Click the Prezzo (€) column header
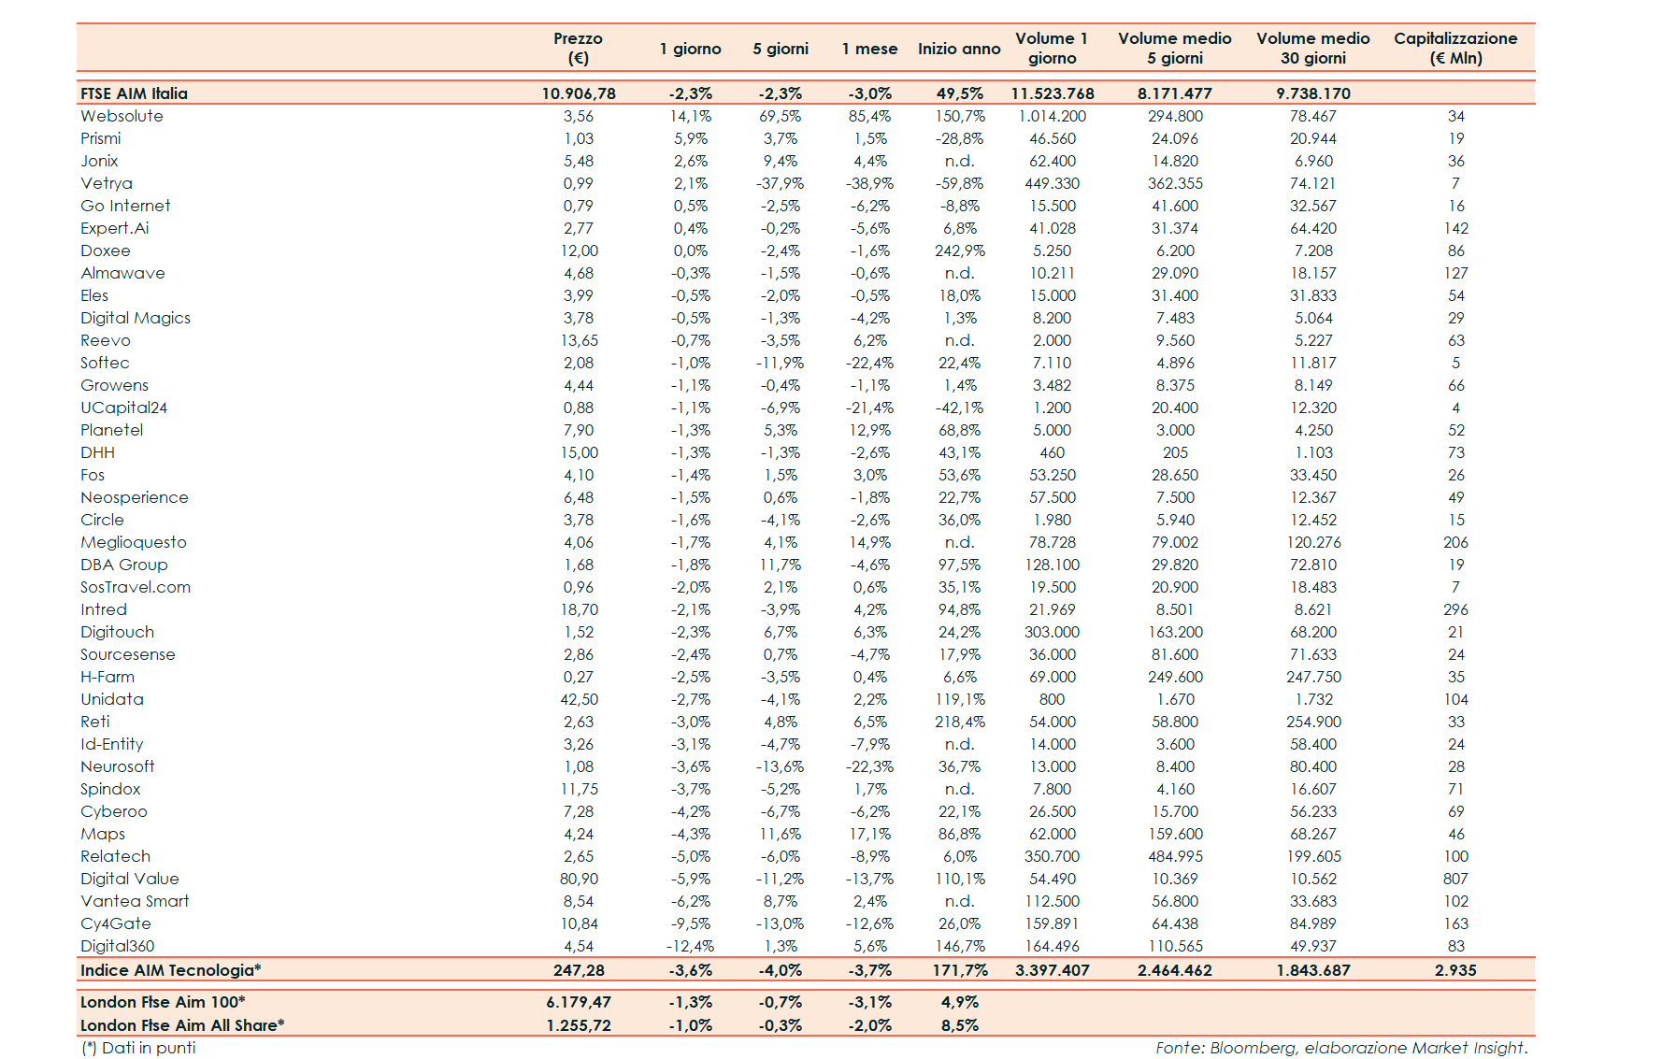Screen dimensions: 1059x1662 (x=578, y=48)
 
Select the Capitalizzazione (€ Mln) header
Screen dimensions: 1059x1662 (x=1455, y=48)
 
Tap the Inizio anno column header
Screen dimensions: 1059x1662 (x=959, y=49)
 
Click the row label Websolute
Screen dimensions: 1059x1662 (x=122, y=116)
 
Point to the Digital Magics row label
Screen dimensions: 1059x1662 (x=136, y=318)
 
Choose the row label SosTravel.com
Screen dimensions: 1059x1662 (x=136, y=587)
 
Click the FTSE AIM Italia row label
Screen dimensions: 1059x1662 (x=134, y=93)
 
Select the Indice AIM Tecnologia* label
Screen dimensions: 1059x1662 (x=170, y=970)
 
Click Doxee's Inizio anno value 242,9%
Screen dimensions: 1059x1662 (x=959, y=250)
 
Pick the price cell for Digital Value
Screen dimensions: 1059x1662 (x=579, y=879)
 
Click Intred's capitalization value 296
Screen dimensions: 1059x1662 (x=1455, y=609)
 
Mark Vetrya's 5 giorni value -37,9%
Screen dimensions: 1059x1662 (x=780, y=183)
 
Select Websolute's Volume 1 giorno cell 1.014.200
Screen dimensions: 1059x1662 (x=1053, y=116)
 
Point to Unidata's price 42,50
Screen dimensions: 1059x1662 (x=579, y=699)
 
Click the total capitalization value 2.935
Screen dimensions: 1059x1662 (x=1455, y=970)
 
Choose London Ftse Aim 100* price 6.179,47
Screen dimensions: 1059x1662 (x=579, y=1002)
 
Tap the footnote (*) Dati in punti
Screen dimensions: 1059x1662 (x=138, y=1048)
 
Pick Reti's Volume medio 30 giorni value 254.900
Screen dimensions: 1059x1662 (x=1313, y=722)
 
